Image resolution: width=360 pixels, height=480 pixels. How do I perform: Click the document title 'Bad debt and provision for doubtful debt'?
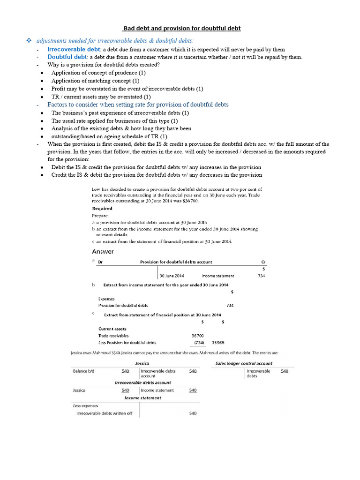181,28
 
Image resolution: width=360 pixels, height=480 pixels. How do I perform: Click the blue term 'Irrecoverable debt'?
74,49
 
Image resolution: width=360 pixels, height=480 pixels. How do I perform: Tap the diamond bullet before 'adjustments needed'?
28,42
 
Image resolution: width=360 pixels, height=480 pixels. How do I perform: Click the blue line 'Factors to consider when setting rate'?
138,105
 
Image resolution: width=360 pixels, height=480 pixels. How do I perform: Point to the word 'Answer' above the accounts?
102,252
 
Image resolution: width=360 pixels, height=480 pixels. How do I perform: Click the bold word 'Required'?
102,208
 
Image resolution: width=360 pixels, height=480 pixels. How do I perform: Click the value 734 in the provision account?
261,276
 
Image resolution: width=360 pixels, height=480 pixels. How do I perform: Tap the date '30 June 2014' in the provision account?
172,276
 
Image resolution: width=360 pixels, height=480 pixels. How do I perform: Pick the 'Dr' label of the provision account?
100,262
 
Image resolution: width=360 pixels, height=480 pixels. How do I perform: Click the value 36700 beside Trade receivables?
198,336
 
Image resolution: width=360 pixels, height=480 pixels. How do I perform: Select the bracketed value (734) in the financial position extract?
199,343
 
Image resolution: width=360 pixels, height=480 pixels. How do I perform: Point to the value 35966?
218,343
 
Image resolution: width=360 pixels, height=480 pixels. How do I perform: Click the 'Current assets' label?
112,329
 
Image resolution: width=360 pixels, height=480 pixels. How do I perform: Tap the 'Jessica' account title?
142,363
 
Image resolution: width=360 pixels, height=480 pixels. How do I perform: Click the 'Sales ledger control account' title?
244,363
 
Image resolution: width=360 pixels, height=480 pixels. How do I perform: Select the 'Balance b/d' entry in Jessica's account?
84,371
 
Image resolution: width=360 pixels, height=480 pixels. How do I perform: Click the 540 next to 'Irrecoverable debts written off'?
193,413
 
